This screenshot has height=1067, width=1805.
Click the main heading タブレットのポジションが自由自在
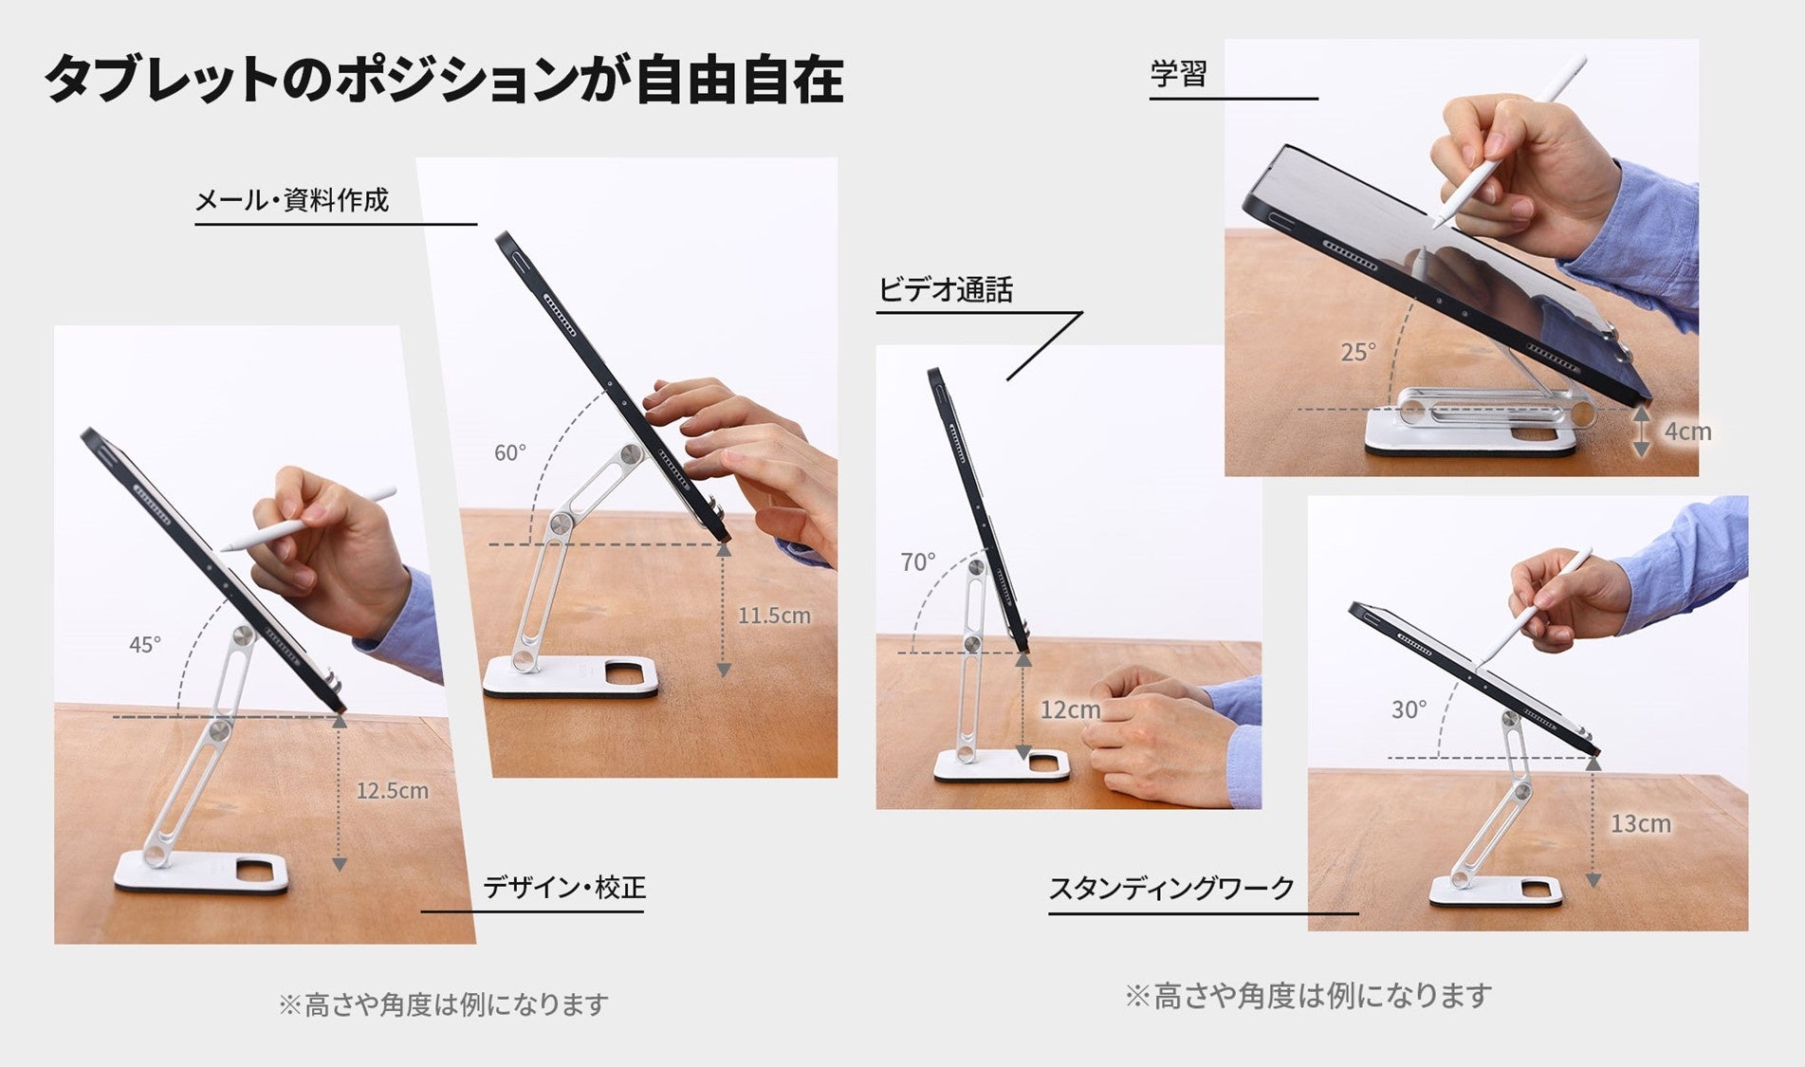click(x=444, y=79)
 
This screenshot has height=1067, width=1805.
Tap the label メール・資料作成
click(x=292, y=200)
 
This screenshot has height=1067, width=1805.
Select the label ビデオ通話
click(x=946, y=289)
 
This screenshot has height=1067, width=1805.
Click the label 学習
click(x=1178, y=74)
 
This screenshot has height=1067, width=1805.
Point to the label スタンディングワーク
click(x=1171, y=889)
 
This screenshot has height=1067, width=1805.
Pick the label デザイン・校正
click(x=564, y=888)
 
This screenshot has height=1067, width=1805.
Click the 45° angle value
click(x=145, y=645)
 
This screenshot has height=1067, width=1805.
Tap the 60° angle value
click(x=510, y=453)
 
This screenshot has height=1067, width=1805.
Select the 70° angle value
click(x=918, y=562)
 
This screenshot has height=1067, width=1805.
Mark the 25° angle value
click(x=1358, y=353)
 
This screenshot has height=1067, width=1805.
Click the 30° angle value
click(x=1409, y=709)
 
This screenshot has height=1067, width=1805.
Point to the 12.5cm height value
click(x=393, y=790)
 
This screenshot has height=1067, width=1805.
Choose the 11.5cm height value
click(x=774, y=616)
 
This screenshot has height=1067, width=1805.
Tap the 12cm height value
click(x=1070, y=709)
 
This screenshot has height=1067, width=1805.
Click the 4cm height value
click(x=1688, y=432)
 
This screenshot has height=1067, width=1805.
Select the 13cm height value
click(x=1641, y=823)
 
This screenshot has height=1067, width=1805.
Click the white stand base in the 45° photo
click(x=201, y=873)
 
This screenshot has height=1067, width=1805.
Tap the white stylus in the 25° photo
click(x=1509, y=141)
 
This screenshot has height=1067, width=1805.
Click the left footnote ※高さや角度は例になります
click(x=443, y=1004)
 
